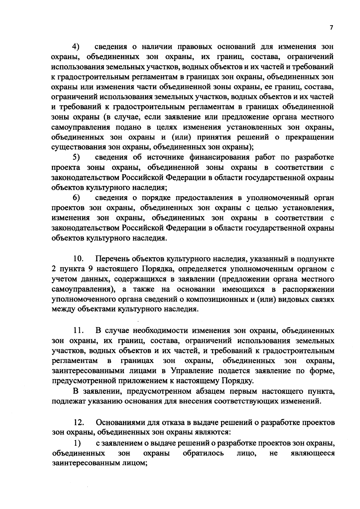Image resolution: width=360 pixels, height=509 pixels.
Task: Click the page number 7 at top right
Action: (331, 28)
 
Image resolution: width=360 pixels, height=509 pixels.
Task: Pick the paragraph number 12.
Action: (79, 423)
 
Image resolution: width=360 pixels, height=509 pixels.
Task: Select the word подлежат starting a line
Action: (69, 402)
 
